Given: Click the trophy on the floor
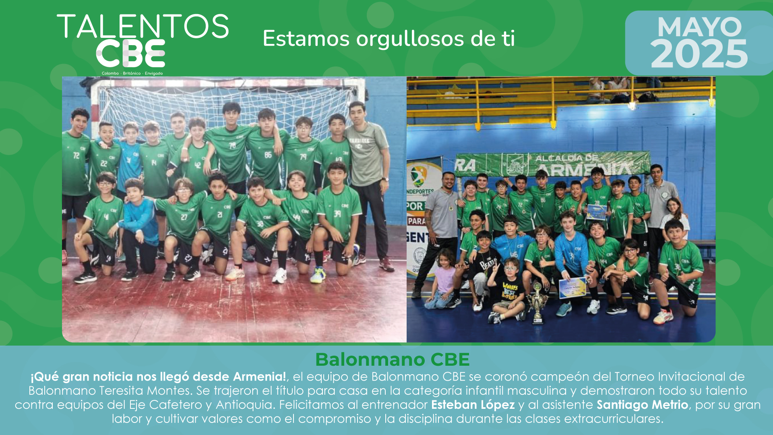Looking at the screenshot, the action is tap(537, 303).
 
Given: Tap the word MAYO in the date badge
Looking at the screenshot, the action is tap(699, 27).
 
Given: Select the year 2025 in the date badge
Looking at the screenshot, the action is tap(699, 54).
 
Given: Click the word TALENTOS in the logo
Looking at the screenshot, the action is tap(143, 26).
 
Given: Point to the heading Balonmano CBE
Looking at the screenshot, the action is tap(393, 359).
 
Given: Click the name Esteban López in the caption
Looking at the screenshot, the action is tap(473, 404).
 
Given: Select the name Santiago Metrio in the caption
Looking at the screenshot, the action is tap(643, 404).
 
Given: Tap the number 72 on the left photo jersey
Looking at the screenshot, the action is tap(76, 155).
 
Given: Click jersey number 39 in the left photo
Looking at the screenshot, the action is tap(337, 213).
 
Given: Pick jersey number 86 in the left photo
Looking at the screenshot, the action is tap(268, 155).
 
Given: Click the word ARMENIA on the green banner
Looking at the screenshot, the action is tap(584, 169).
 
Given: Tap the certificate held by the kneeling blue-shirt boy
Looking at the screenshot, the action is tap(572, 288).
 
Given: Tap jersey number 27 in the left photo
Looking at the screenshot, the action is tap(184, 217).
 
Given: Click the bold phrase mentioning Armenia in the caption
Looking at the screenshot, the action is tap(158, 377).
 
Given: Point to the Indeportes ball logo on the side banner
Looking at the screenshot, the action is tap(419, 176).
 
